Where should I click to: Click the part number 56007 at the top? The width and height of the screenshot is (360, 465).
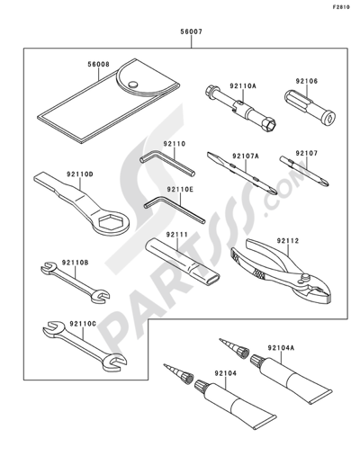191,31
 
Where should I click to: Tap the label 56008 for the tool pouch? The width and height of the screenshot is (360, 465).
99,64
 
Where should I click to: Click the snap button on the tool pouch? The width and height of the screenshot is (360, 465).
132,85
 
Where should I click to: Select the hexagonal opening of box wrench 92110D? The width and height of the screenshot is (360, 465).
111,222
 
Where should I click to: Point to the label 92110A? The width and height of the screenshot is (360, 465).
243,86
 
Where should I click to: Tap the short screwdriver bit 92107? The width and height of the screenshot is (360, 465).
304,171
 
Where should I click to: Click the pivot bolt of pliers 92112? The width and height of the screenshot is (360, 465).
305,276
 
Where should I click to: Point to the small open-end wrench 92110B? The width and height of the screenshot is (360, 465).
75,282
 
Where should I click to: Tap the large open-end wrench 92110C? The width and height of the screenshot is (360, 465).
85,346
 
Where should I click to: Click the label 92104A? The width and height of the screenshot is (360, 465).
281,348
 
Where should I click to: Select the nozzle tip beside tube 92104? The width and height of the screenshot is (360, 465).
177,373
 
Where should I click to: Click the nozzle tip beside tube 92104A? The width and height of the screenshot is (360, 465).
234,348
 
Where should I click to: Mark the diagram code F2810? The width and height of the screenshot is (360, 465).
341,7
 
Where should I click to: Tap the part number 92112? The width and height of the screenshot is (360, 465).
288,241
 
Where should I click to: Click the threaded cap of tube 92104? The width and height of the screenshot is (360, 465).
202,386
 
